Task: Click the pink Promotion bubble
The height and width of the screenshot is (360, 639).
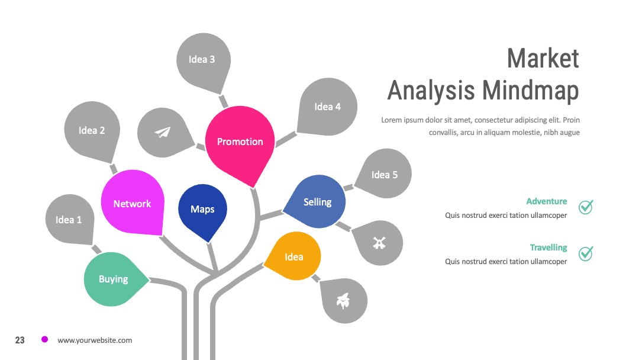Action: pyautogui.click(x=240, y=142)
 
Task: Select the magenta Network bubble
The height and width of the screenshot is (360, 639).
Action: pyautogui.click(x=133, y=203)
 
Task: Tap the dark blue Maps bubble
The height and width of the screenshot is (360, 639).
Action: pyautogui.click(x=202, y=210)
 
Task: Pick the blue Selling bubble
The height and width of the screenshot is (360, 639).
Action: pyautogui.click(x=317, y=202)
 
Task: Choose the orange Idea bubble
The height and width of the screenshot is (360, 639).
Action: pyautogui.click(x=294, y=256)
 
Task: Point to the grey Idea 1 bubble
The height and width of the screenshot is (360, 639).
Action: pyautogui.click(x=69, y=219)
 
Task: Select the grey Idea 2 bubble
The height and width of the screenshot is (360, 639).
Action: pyautogui.click(x=92, y=130)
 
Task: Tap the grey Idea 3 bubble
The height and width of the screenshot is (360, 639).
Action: pyautogui.click(x=203, y=60)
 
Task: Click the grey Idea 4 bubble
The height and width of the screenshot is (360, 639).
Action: pyautogui.click(x=328, y=107)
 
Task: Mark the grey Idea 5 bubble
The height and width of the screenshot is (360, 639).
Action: pyautogui.click(x=384, y=174)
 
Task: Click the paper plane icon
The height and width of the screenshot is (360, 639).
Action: pyautogui.click(x=162, y=132)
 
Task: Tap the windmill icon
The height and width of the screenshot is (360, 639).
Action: pyautogui.click(x=379, y=243)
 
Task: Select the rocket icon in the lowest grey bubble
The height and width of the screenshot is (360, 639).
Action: pyautogui.click(x=343, y=301)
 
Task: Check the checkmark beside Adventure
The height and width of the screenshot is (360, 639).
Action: pyautogui.click(x=586, y=207)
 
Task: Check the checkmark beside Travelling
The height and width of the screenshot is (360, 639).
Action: pyautogui.click(x=586, y=253)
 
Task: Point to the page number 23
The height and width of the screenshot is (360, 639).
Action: pyautogui.click(x=20, y=340)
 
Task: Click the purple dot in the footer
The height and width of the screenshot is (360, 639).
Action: pyautogui.click(x=44, y=339)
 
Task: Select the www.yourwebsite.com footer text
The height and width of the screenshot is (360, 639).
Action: pyautogui.click(x=95, y=340)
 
